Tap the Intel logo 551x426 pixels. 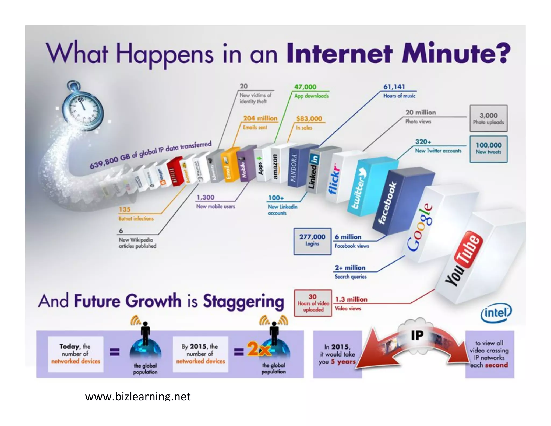pos(496,313)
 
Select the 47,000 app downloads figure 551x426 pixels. pos(305,87)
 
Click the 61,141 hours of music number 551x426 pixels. pos(394,87)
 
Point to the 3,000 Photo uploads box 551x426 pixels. pos(488,118)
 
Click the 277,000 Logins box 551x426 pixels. pos(312,241)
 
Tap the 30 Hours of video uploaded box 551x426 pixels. pos(313,303)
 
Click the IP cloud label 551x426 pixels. pos(417,335)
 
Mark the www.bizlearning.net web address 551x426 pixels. pos(138,397)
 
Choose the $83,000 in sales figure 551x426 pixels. pos(309,119)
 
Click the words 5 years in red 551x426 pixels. pos(343,362)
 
